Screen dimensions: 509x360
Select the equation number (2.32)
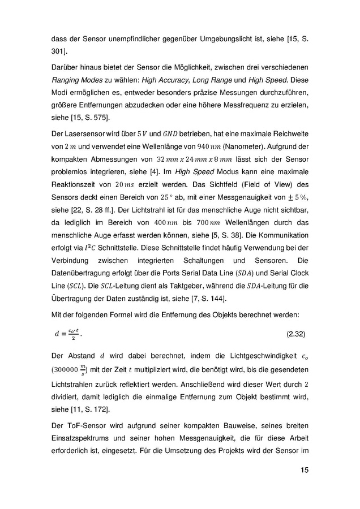coord(294,334)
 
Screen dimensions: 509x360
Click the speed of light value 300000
coord(67,372)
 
